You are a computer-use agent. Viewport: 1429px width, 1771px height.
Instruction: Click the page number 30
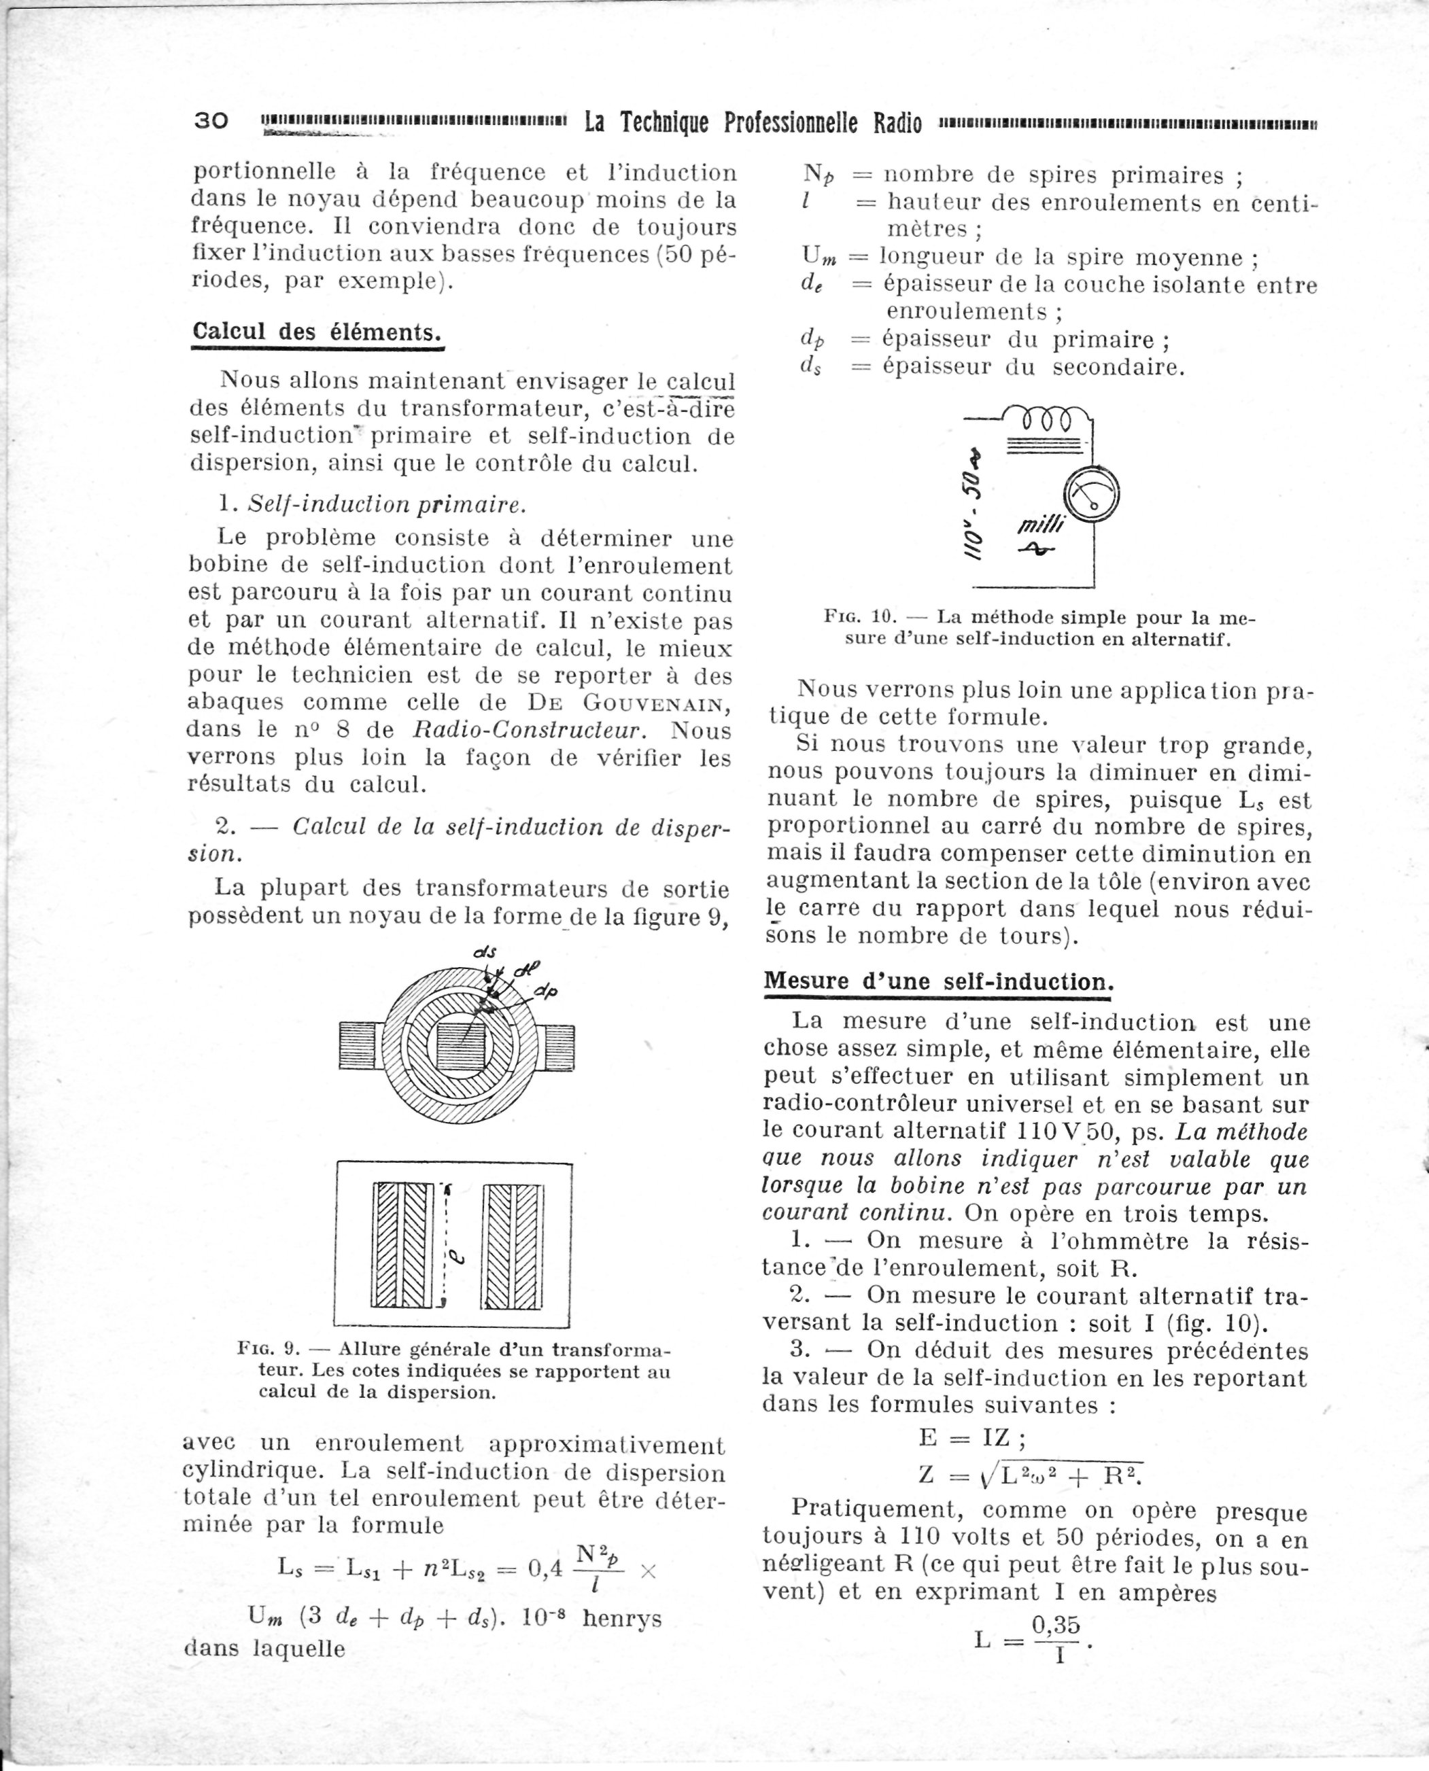point(211,121)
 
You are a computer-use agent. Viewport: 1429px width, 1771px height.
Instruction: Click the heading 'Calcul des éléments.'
point(317,332)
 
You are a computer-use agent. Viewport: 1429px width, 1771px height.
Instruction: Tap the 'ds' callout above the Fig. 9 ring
point(485,952)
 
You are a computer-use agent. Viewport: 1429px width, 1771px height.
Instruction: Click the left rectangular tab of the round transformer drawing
point(358,1046)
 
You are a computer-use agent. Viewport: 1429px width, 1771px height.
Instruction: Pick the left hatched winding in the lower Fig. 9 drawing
point(402,1245)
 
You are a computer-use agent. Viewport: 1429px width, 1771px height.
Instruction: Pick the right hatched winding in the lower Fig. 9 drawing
point(513,1245)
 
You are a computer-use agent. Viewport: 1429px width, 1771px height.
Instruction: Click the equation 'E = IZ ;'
point(971,1438)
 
